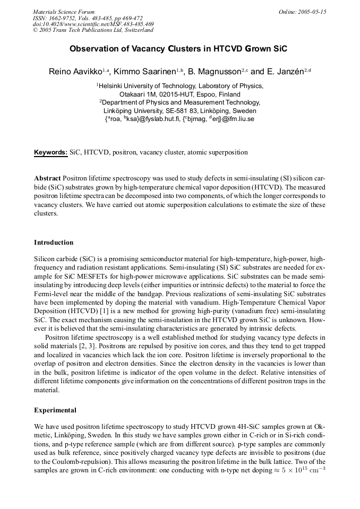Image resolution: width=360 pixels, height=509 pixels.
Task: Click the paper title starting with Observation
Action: (x=178, y=48)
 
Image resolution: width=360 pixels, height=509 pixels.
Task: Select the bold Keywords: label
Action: (x=51, y=152)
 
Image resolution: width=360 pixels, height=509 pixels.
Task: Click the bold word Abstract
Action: (x=48, y=178)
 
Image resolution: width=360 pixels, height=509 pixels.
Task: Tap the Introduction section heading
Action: (x=54, y=243)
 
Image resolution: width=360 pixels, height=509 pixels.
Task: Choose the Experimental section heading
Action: (x=55, y=410)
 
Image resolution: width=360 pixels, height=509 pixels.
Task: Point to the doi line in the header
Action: (x=93, y=24)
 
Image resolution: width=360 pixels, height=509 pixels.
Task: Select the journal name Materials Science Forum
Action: (x=64, y=12)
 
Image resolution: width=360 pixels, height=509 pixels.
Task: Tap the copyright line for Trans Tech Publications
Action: (x=93, y=30)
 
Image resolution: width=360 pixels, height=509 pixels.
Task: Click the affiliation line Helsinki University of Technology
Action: (x=179, y=85)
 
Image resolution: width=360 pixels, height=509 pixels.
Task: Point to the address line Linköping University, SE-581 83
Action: (x=172, y=111)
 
